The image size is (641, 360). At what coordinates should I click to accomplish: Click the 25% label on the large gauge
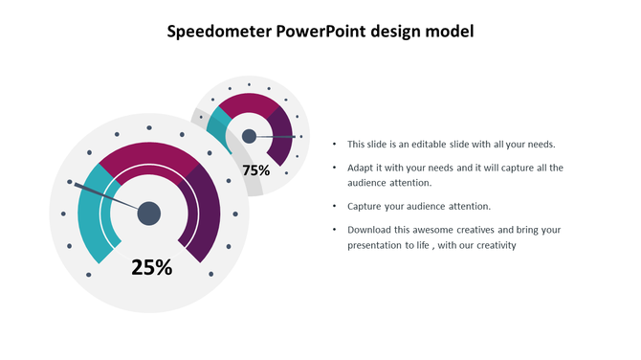click(151, 268)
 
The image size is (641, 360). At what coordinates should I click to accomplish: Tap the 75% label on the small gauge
click(255, 170)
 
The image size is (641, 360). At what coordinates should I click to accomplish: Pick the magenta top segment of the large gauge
click(148, 157)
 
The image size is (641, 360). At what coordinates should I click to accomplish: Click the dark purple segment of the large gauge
click(207, 214)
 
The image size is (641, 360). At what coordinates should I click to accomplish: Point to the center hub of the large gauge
click(148, 214)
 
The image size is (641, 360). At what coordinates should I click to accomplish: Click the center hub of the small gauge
click(249, 136)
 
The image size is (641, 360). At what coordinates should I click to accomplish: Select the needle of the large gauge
click(105, 195)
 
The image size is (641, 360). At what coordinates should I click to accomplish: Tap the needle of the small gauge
click(277, 136)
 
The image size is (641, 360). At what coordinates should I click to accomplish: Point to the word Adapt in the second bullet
click(361, 168)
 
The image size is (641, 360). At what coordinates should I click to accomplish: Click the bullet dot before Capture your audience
click(334, 207)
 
